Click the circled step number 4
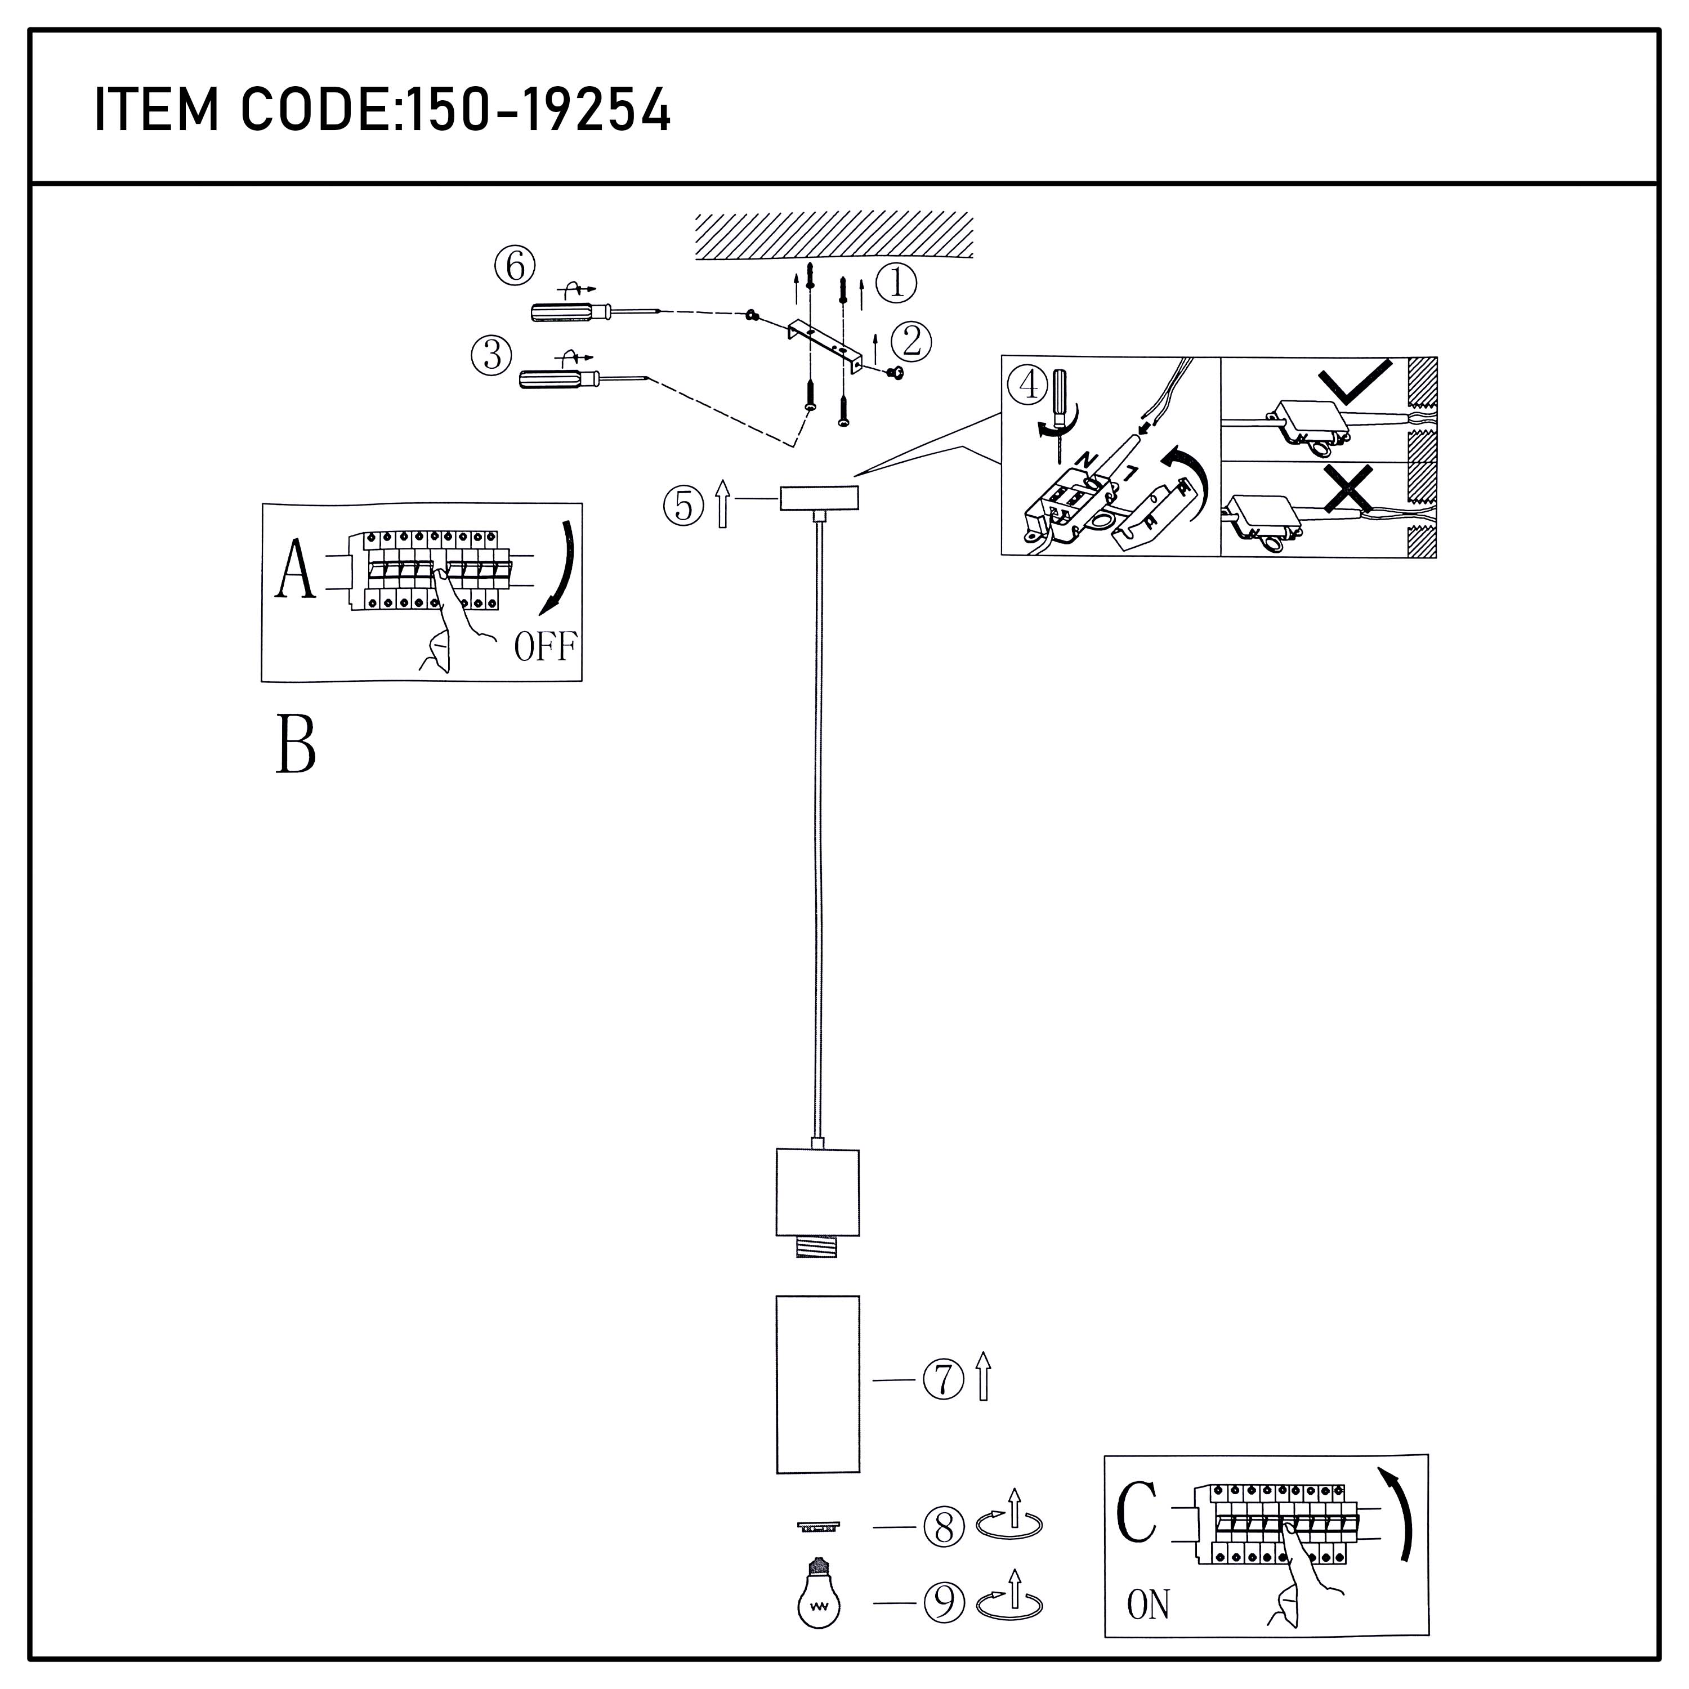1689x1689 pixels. point(1030,385)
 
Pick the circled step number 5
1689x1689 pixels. point(685,506)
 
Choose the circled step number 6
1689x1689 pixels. point(515,266)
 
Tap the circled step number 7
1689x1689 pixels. point(943,1379)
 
